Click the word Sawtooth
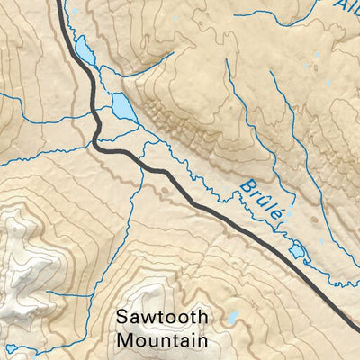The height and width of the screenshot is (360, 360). [162, 319]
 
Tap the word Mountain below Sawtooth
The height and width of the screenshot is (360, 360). [162, 341]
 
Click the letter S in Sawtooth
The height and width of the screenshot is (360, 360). [121, 319]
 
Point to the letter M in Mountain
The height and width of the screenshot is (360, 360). [123, 341]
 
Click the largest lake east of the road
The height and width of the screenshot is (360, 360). [123, 108]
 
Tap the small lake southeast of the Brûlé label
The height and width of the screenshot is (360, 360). [298, 249]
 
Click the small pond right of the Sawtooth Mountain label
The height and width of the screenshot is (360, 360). [232, 318]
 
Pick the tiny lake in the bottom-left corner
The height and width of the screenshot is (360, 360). [10, 349]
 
